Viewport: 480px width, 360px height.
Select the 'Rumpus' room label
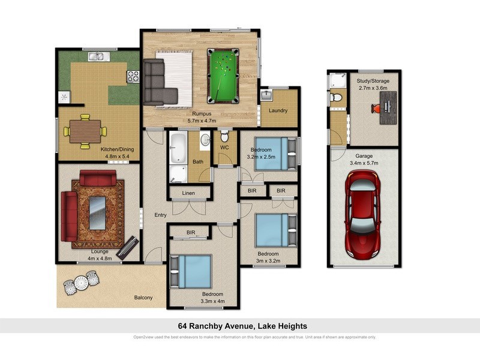201,113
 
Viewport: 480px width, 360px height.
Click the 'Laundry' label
278,110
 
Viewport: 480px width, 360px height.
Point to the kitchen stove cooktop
133,76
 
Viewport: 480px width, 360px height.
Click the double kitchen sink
97,58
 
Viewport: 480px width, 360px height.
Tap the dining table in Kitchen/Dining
85,131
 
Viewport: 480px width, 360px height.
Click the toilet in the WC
225,136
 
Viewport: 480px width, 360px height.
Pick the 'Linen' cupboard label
188,193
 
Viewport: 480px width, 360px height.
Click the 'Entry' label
160,215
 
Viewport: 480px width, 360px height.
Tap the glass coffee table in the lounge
97,213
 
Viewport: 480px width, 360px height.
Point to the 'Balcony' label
143,298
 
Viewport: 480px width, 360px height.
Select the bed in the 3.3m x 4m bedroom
191,271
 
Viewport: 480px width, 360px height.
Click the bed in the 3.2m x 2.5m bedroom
270,154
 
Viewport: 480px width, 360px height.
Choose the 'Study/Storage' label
373,80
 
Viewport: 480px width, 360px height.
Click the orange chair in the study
375,108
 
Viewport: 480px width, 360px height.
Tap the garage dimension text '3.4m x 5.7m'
364,161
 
